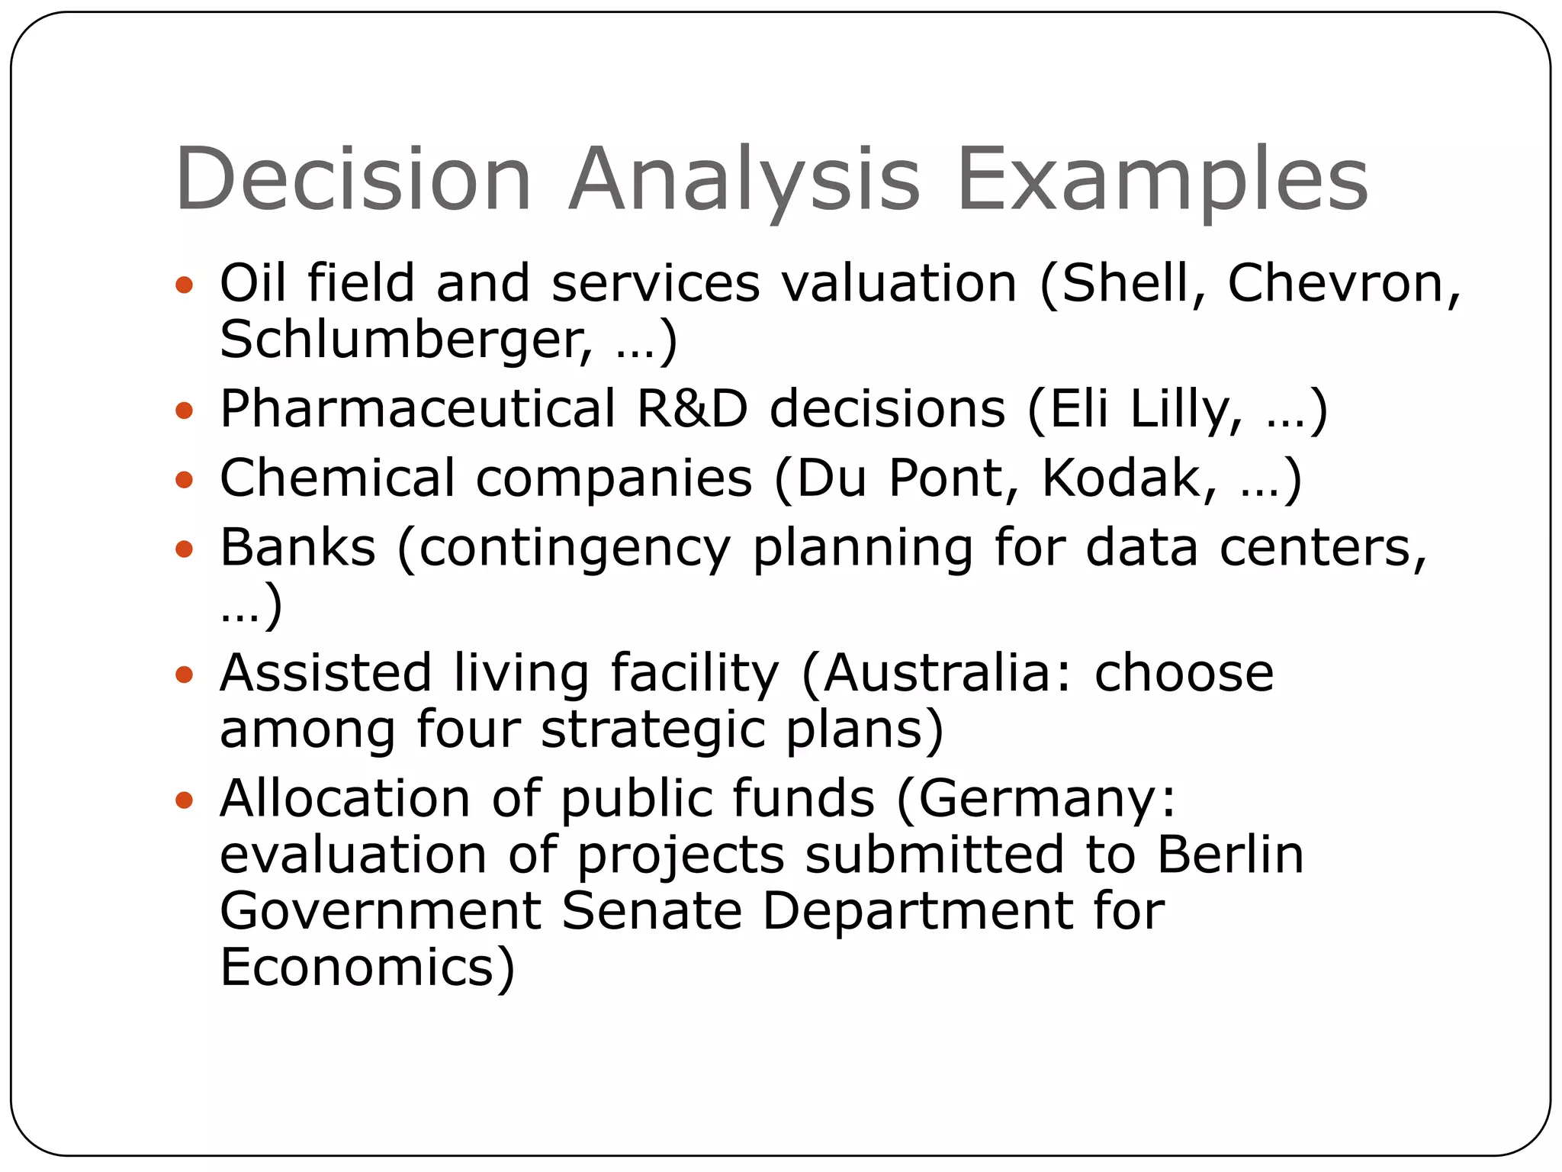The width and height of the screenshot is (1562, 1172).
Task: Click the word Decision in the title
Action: point(353,179)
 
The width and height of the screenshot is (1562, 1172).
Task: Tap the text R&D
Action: point(693,409)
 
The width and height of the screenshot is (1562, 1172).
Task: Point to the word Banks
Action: point(298,547)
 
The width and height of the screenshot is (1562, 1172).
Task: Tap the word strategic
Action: point(653,731)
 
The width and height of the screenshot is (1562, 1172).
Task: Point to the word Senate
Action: point(652,910)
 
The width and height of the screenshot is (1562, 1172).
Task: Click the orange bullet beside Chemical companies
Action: point(185,480)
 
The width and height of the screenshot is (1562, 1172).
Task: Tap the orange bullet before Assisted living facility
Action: point(185,675)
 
